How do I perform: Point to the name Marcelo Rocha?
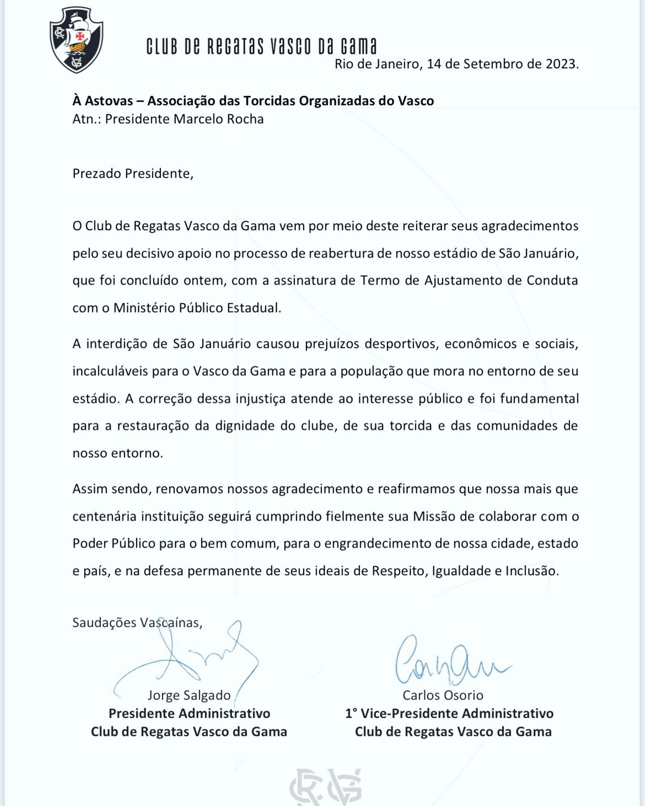219,119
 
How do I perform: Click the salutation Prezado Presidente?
133,174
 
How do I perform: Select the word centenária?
104,516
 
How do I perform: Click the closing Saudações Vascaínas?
137,623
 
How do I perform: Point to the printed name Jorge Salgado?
189,695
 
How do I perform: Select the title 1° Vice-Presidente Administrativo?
449,713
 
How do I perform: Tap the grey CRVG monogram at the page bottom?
325,788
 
